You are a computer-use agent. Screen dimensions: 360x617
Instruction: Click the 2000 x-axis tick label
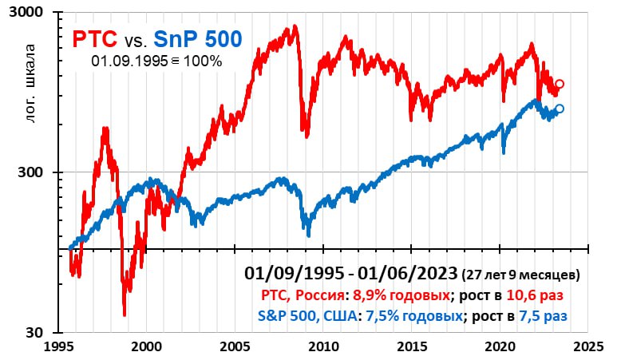pos(147,348)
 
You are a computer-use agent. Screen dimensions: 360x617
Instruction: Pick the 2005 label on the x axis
pos(235,348)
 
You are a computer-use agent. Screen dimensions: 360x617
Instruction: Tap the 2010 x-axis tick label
pos(323,348)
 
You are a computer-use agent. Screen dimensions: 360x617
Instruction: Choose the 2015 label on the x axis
pos(412,348)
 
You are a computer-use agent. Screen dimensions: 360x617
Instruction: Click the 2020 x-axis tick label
pos(500,348)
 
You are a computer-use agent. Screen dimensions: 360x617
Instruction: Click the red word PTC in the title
pos(95,38)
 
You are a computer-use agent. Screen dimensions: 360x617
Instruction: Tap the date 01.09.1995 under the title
pos(126,60)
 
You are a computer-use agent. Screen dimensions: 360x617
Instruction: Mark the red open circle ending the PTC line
pos(560,84)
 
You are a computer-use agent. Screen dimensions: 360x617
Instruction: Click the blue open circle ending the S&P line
pos(559,109)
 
